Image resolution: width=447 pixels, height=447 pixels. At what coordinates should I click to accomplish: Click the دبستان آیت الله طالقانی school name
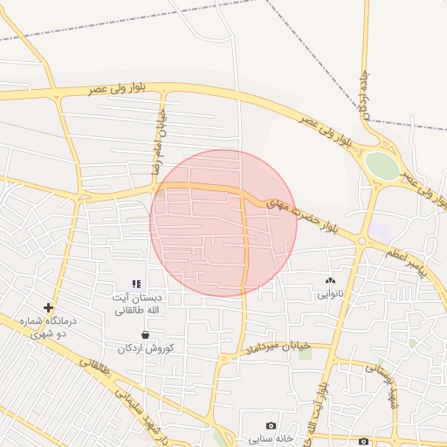point(136,304)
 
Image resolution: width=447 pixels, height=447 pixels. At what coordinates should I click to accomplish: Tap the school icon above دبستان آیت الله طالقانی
point(136,284)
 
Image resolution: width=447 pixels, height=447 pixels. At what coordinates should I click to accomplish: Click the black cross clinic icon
point(49,307)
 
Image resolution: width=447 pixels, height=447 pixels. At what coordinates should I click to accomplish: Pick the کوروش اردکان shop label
point(146,348)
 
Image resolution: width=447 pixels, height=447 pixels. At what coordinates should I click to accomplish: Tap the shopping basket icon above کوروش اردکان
point(145,334)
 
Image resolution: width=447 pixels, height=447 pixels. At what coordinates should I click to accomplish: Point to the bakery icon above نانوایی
point(330,280)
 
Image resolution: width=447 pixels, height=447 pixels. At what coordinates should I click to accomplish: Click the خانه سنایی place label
point(272,438)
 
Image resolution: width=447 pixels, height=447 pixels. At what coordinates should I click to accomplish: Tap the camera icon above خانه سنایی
point(271,425)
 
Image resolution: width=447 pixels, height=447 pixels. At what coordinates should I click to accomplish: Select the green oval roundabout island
point(382,165)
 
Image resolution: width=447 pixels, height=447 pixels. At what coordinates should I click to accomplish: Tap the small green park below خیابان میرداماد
point(305,353)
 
